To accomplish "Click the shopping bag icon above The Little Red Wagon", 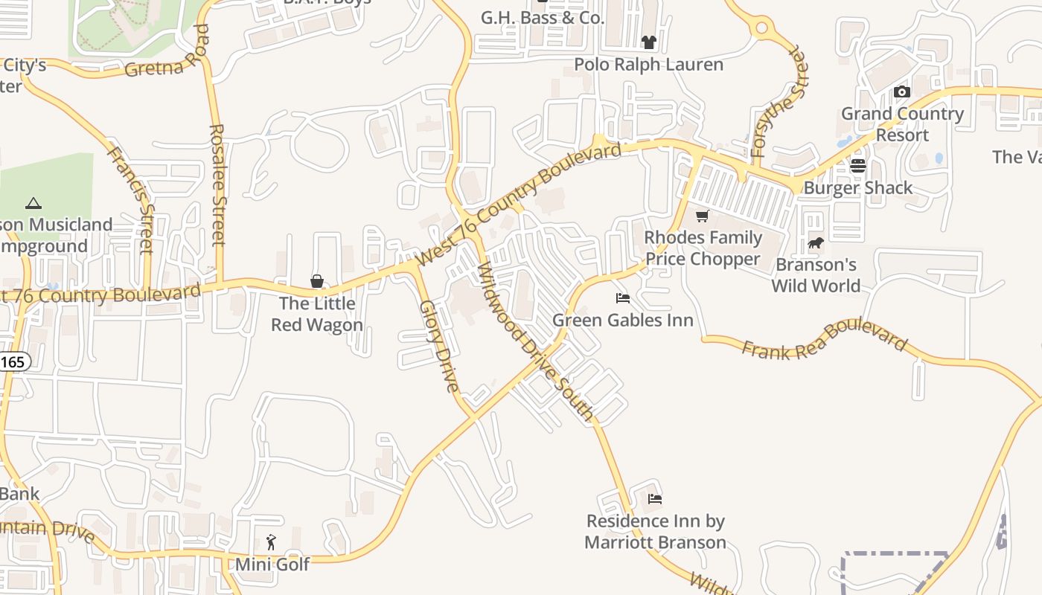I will tap(317, 281).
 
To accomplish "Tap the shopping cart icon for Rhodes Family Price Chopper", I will tap(702, 216).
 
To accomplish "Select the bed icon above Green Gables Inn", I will tap(623, 298).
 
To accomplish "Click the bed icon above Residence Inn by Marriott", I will tap(655, 499).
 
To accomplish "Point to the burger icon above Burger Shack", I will tap(858, 166).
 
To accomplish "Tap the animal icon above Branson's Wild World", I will tap(816, 242).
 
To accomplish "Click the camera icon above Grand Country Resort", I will tap(902, 92).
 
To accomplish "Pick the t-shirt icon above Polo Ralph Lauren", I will tap(649, 42).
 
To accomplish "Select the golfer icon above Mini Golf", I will tap(271, 542).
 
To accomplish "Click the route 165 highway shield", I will tap(14, 362).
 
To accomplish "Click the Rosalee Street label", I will tap(217, 184).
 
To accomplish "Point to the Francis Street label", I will tap(132, 199).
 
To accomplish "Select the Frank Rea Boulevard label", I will tap(825, 339).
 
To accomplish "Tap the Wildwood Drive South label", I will tap(535, 341).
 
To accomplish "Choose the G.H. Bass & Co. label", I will tap(543, 18).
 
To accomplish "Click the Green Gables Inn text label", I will tap(623, 321).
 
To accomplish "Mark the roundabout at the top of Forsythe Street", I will tap(761, 29).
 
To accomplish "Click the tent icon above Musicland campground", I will tap(33, 203).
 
